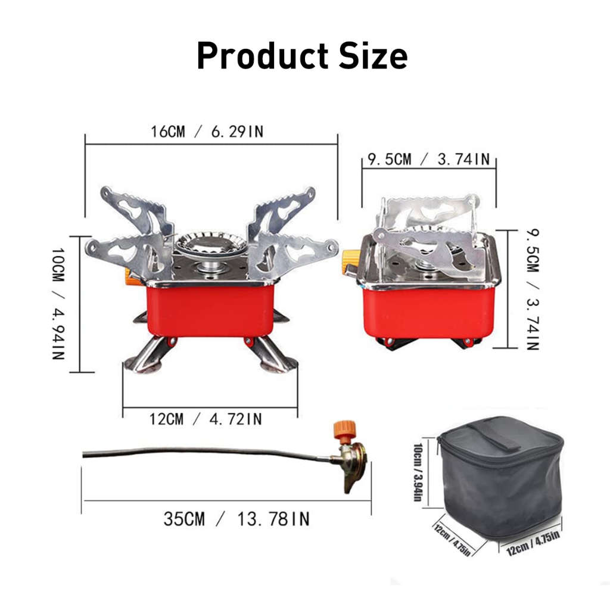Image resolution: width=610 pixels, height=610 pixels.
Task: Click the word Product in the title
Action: [x=263, y=55]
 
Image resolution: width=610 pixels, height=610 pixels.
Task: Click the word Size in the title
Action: [x=373, y=55]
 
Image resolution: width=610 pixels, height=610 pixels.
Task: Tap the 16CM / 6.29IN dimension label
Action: [x=207, y=132]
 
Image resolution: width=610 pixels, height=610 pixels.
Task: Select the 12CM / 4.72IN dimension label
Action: [x=206, y=419]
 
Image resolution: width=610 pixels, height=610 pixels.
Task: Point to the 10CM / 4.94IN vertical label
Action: [x=58, y=303]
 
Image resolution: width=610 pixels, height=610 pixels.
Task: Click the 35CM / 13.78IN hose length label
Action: [x=236, y=519]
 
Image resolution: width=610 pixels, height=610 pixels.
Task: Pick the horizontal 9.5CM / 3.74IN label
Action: [x=428, y=159]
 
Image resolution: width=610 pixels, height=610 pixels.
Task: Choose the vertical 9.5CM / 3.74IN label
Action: [x=533, y=290]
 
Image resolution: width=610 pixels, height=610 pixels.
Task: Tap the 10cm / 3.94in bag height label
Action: [x=418, y=472]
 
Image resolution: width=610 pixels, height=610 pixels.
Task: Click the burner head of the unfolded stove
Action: [x=210, y=245]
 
